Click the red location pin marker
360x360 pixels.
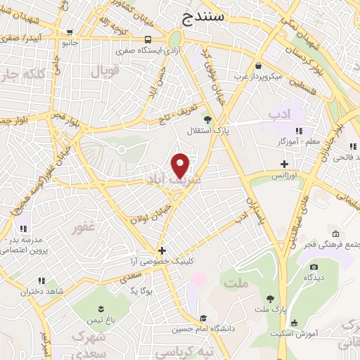click(x=181, y=165)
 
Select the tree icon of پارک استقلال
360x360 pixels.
click(x=206, y=117)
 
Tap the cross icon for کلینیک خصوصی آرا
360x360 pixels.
click(x=162, y=250)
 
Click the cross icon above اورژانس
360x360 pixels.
click(x=284, y=163)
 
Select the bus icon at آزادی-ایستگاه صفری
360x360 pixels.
click(x=148, y=40)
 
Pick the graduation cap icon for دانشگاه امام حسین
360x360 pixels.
click(x=202, y=318)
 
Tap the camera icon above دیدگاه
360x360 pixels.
click(x=314, y=266)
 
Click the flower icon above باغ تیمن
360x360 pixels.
click(x=100, y=309)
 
